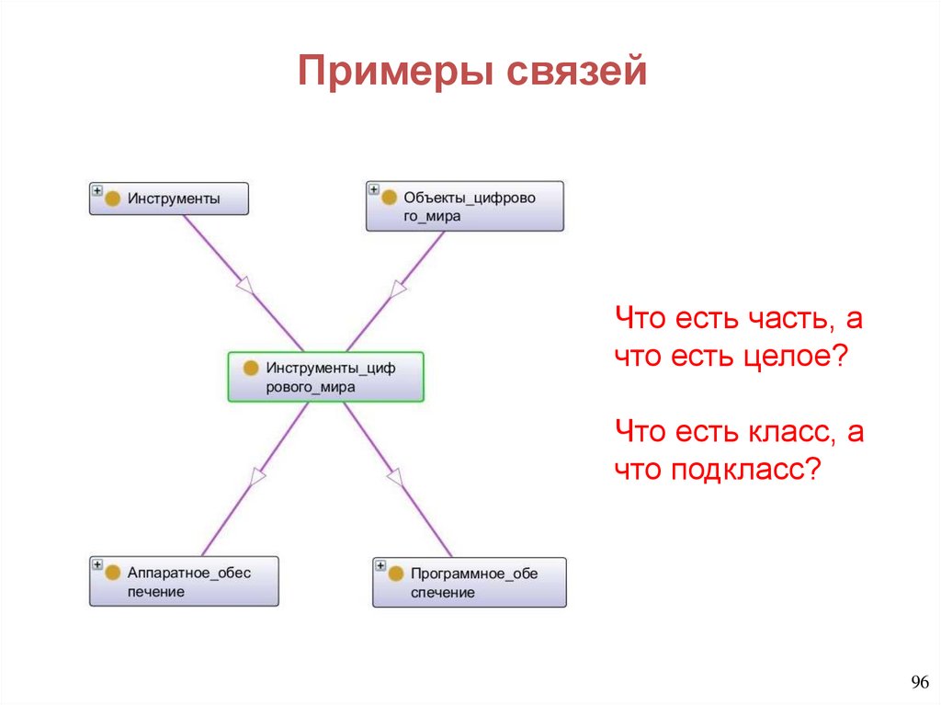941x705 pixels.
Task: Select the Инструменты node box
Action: pos(169,199)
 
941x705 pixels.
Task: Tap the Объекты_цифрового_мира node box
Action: pos(465,206)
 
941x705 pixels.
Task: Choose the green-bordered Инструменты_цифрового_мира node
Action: pos(326,377)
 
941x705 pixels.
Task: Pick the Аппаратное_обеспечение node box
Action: pos(184,582)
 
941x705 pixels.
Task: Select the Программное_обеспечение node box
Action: pos(470,583)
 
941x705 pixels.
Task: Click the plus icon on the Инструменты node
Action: pos(96,190)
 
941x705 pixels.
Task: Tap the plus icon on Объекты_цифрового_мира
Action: pos(373,189)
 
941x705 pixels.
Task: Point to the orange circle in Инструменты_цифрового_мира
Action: pos(250,369)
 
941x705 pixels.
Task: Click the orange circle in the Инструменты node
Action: pos(113,199)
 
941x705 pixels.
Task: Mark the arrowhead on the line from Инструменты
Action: pos(244,286)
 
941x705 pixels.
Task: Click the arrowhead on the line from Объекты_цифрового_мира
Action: pos(398,288)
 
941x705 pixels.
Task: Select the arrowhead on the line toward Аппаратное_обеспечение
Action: pos(257,476)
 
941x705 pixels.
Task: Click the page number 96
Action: pos(920,682)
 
